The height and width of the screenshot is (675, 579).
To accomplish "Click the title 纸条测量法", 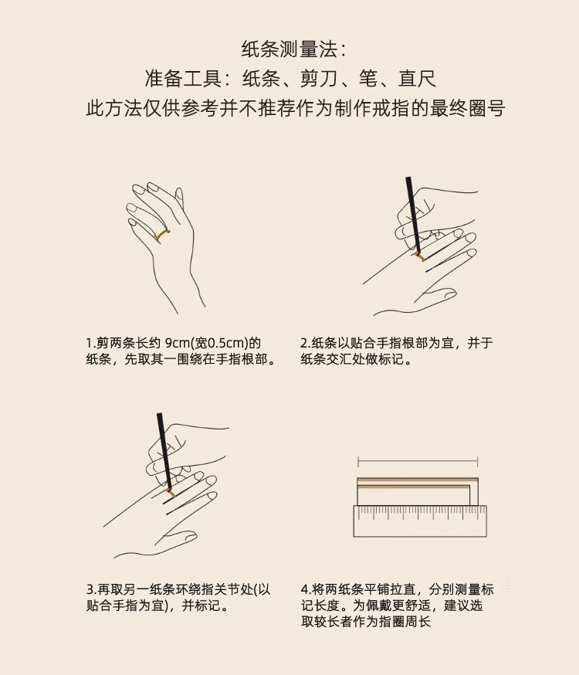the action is [289, 49].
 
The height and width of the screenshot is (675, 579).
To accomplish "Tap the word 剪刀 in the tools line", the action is [318, 79].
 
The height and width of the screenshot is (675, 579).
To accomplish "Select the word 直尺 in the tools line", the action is [417, 79].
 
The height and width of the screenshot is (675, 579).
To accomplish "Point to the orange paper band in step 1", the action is [162, 235].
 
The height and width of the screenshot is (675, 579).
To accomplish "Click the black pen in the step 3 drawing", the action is [164, 451].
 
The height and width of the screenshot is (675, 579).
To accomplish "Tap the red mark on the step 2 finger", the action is [418, 254].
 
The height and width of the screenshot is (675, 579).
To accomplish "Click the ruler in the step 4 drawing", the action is [420, 521].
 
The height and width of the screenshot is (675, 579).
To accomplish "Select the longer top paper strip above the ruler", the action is [417, 480].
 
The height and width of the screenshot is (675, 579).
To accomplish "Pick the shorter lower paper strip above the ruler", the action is [413, 487].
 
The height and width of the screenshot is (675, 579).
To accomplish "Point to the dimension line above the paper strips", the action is [418, 463].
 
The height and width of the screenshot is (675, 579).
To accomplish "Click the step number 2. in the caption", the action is [306, 343].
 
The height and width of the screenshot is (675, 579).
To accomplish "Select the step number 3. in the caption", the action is [92, 589].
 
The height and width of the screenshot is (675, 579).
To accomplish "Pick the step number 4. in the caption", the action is [306, 589].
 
